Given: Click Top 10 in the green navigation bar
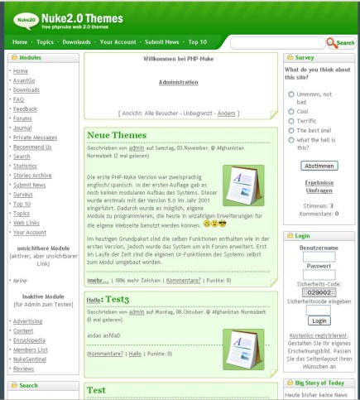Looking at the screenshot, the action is pos(198,41).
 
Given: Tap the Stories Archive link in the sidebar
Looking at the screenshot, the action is pos(32,175).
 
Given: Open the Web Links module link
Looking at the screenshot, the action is pos(26,222).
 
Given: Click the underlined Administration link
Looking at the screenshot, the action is pos(179,82).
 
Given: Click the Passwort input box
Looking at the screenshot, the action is pos(319,274).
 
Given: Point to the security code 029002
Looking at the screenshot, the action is pos(319,292).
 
